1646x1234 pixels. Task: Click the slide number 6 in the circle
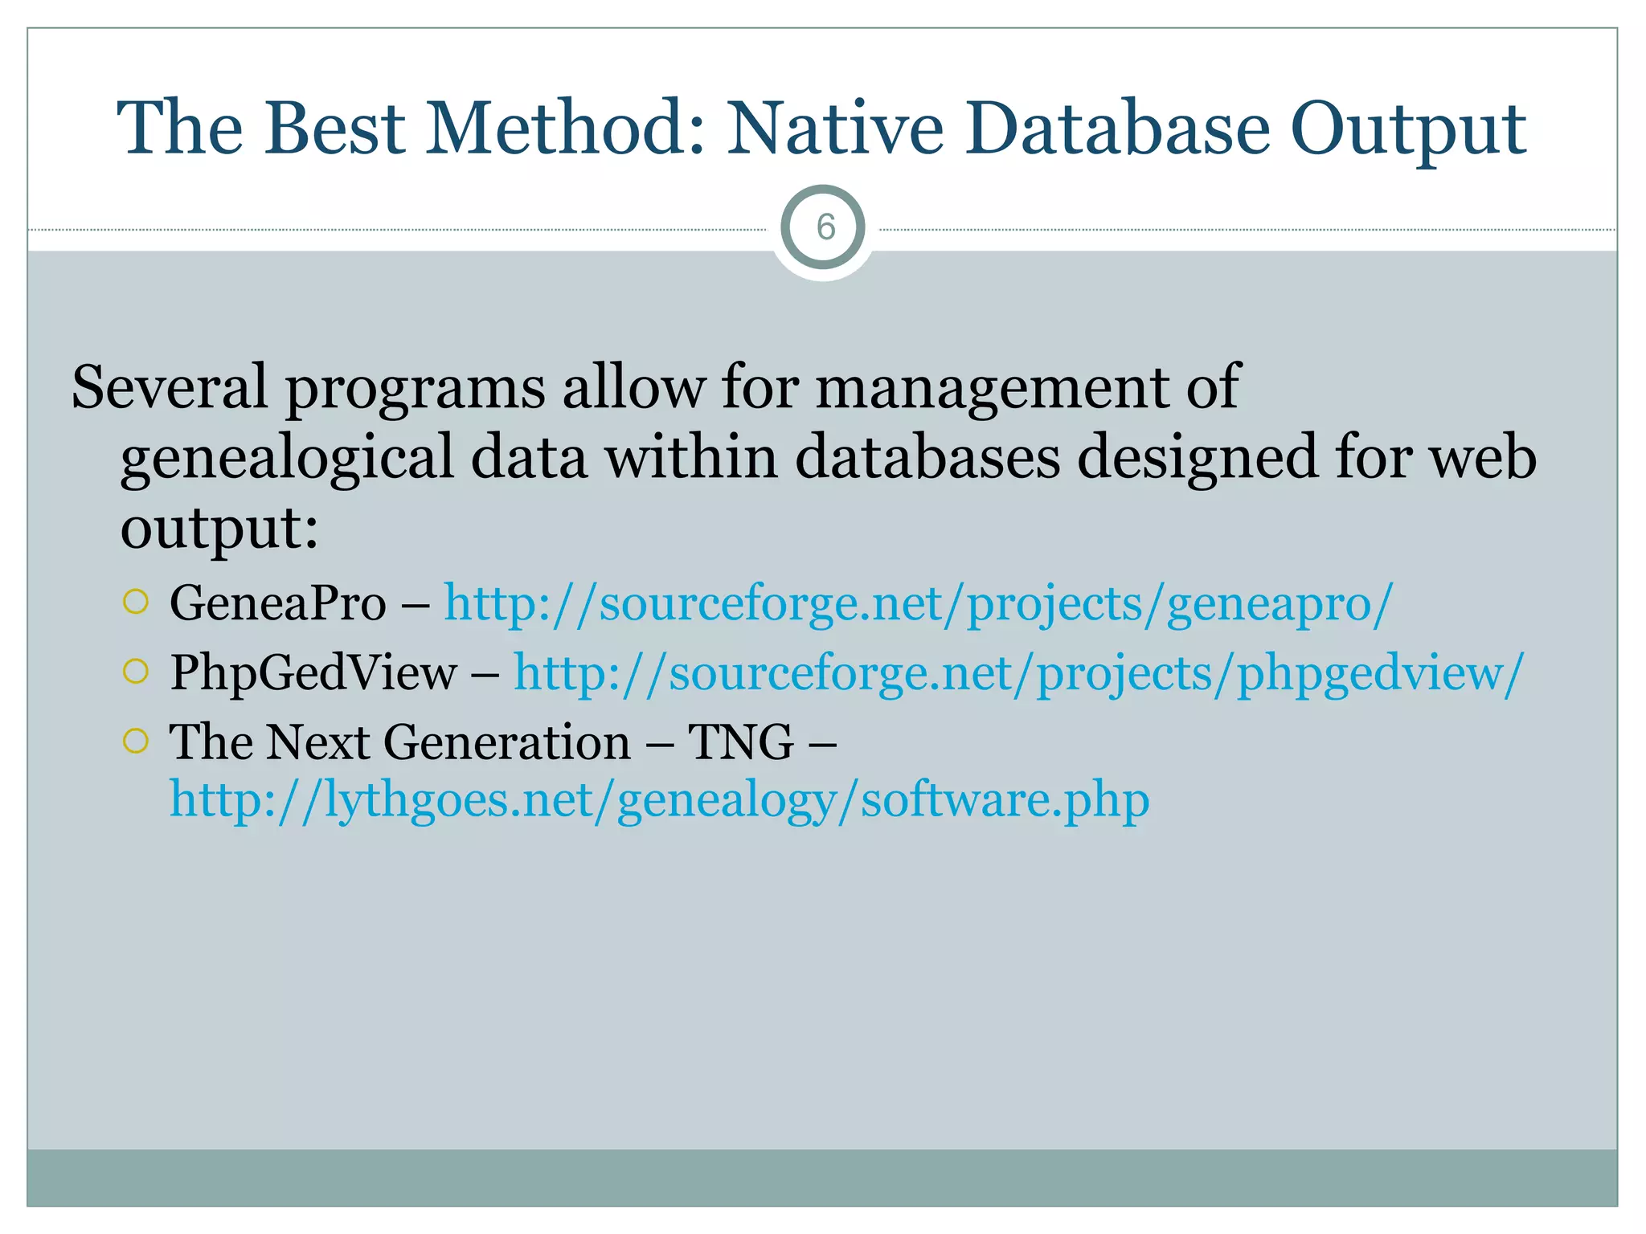pyautogui.click(x=825, y=228)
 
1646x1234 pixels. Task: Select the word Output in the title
pyautogui.click(x=1407, y=129)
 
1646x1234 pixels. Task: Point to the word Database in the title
pyautogui.click(x=1118, y=129)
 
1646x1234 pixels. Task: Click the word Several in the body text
pyautogui.click(x=169, y=387)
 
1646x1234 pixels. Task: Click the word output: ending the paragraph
pyautogui.click(x=219, y=529)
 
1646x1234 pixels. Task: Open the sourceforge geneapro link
pyautogui.click(x=918, y=603)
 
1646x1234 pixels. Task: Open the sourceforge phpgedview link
pyautogui.click(x=1018, y=673)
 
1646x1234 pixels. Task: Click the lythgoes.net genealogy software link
pyautogui.click(x=659, y=800)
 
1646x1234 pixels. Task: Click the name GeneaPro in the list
pyautogui.click(x=277, y=603)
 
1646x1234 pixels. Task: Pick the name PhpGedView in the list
pyautogui.click(x=313, y=673)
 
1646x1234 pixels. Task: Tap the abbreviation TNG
pyautogui.click(x=740, y=742)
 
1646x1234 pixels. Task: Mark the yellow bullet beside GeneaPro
pyautogui.click(x=137, y=602)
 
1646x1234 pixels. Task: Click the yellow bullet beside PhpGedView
pyautogui.click(x=137, y=671)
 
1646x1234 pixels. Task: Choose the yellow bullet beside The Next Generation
pyautogui.click(x=137, y=740)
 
